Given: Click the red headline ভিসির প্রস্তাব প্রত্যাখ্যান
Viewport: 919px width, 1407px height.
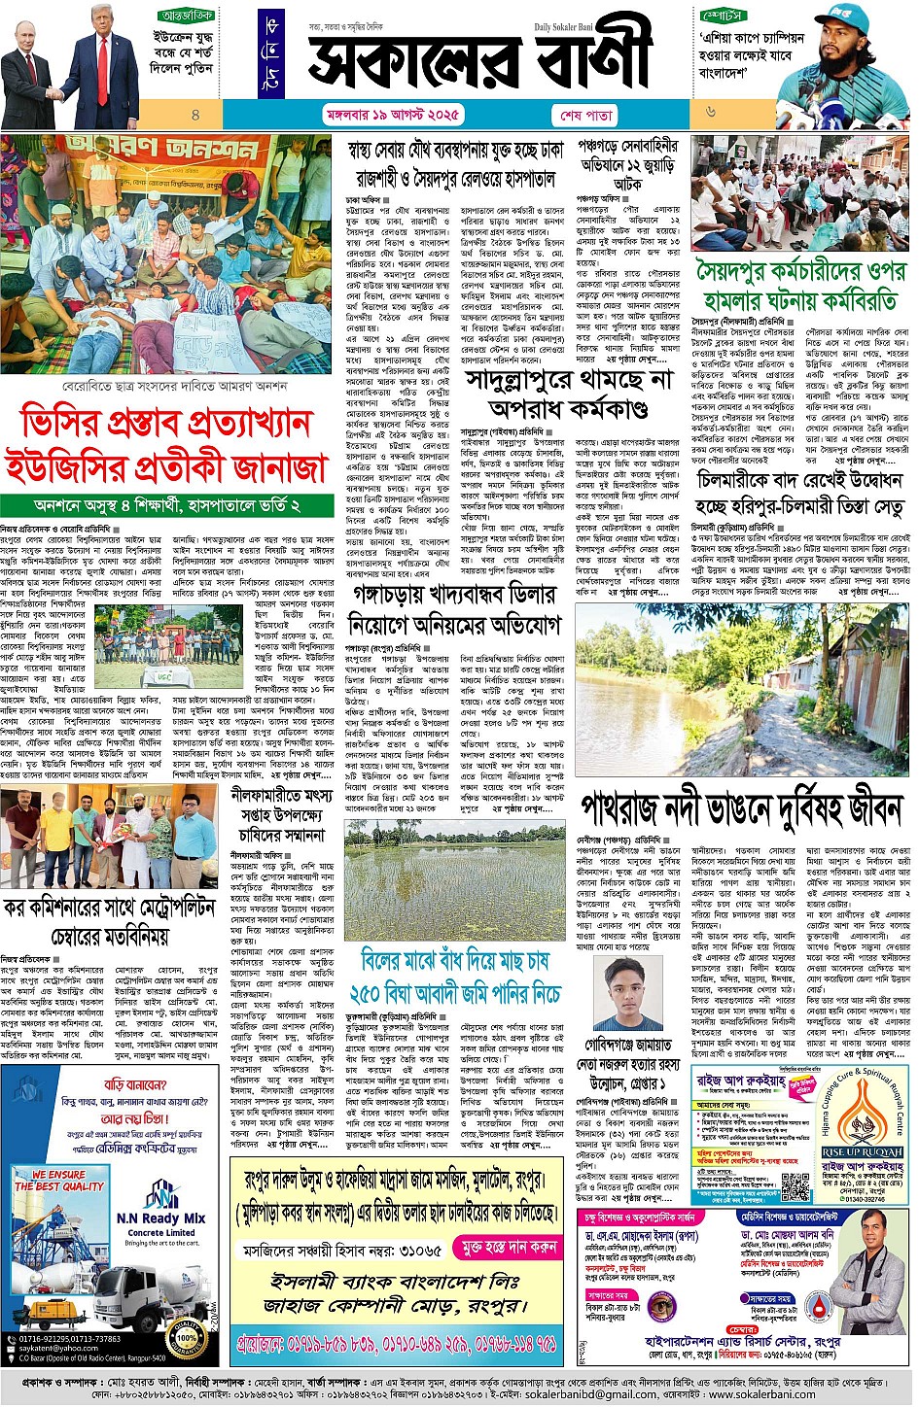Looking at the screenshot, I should (x=166, y=425).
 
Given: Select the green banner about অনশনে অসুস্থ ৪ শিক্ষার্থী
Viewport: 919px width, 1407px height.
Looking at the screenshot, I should (x=166, y=506).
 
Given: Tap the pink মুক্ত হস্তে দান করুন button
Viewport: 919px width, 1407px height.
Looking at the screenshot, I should (x=509, y=1247).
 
